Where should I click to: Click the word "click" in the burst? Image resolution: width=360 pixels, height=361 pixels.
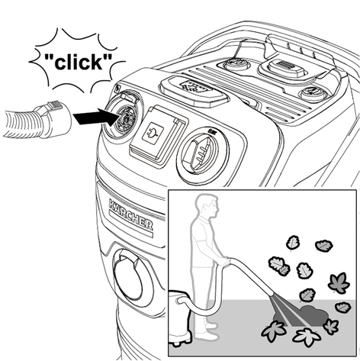click(x=78, y=62)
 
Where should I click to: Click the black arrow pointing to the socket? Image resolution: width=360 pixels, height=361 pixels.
click(x=96, y=116)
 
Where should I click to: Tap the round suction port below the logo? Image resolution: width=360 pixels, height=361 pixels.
click(x=128, y=277)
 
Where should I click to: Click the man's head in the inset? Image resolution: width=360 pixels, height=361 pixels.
click(x=207, y=205)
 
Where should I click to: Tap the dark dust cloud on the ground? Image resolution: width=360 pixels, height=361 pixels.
click(x=301, y=316)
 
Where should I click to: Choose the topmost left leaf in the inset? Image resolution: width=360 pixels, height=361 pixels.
click(x=293, y=243)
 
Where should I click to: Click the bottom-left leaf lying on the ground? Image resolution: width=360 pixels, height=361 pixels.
click(x=274, y=330)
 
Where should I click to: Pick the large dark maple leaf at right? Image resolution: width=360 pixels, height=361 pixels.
click(x=339, y=283)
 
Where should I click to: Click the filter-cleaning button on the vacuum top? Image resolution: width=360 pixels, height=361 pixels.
click(x=194, y=91)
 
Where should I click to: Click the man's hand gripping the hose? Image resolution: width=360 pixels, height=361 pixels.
click(x=223, y=262)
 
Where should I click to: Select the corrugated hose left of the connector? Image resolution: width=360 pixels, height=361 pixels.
click(x=19, y=124)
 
